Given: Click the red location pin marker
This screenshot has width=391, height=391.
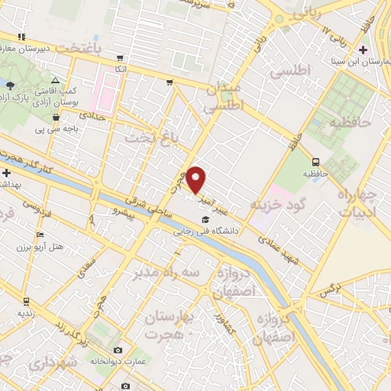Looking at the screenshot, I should point(196,181).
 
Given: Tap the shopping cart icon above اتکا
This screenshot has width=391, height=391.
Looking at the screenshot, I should point(120,57).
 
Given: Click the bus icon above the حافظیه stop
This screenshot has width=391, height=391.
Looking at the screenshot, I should point(315,161).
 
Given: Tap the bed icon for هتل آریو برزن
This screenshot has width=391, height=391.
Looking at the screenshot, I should point(40,234).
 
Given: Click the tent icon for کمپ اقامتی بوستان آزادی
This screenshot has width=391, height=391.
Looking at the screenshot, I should point(55,79).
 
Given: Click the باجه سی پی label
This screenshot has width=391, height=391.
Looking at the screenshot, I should point(57,128).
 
